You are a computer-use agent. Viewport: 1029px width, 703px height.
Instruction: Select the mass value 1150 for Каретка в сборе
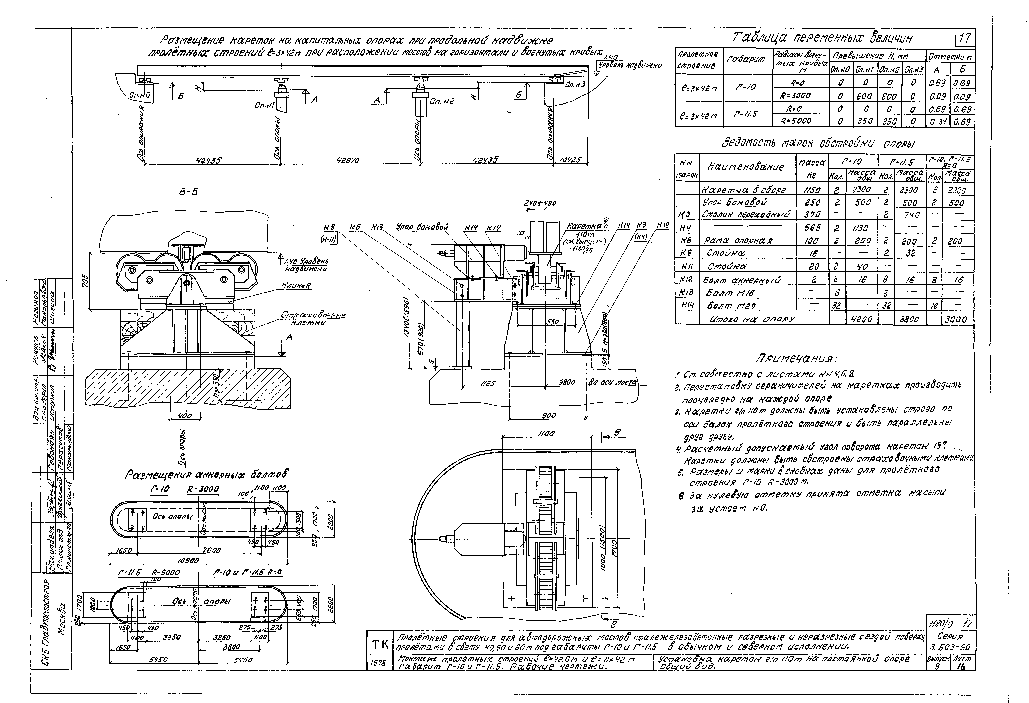click(x=812, y=190)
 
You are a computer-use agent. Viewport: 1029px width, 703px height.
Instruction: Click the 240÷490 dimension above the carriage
click(x=540, y=203)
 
